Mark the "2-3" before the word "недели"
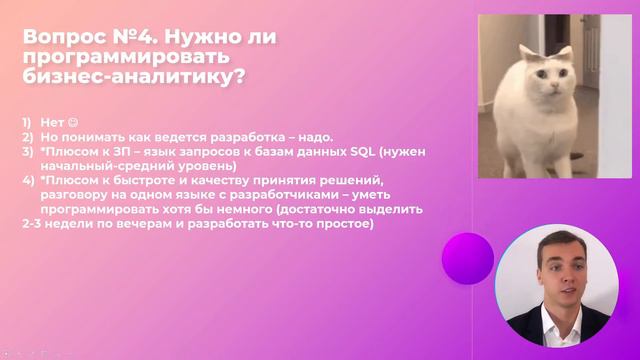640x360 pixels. (33, 224)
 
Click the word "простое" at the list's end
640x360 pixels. (341, 224)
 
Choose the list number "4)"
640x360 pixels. (29, 180)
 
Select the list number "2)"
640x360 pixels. (29, 136)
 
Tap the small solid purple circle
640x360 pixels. (467, 258)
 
